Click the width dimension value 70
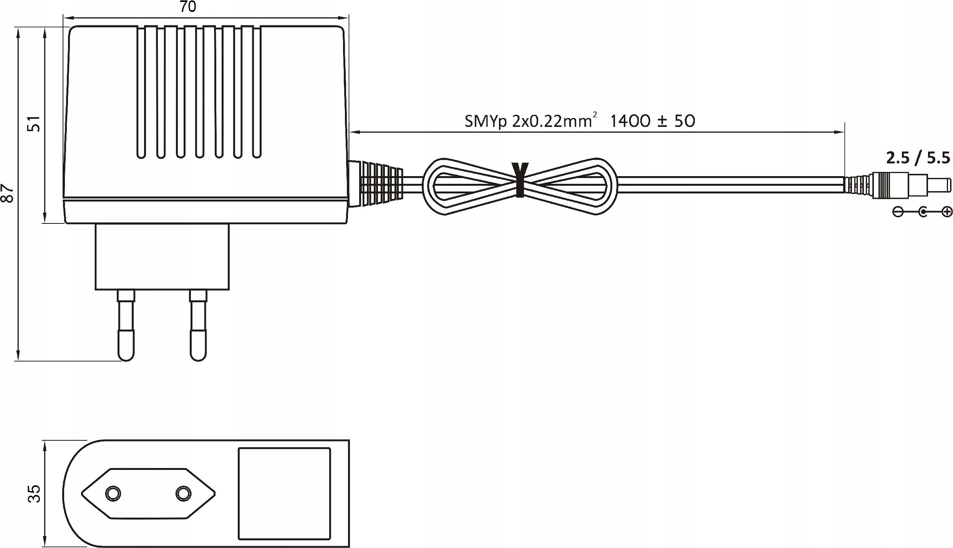click(x=188, y=7)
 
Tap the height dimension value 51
click(x=34, y=123)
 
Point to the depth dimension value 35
click(x=34, y=493)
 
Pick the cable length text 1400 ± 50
click(x=653, y=121)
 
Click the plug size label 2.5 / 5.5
click(x=918, y=158)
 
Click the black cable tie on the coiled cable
click(x=520, y=180)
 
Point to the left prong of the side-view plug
click(x=126, y=325)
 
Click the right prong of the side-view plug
click(x=198, y=325)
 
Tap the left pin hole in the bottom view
click(x=113, y=493)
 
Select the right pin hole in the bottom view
click(x=183, y=493)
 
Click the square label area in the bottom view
click(x=284, y=493)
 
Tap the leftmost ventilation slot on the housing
click(x=141, y=92)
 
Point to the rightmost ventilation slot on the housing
click(x=257, y=92)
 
